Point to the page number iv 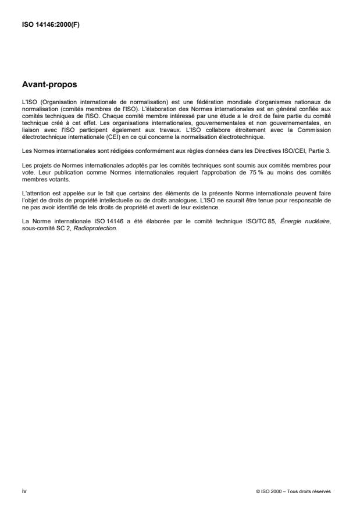(x=24, y=491)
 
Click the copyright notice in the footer (x=293, y=491)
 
